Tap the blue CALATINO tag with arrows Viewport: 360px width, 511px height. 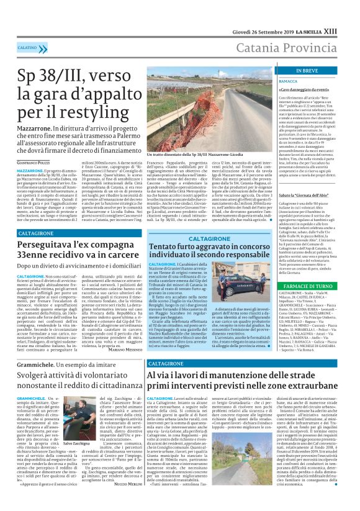pyautogui.click(x=29, y=47)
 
